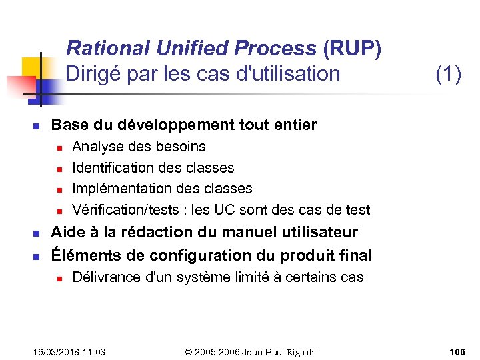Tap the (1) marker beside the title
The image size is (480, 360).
click(x=448, y=73)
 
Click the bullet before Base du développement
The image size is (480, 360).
click(x=37, y=126)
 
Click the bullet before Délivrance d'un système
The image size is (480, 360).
click(x=59, y=278)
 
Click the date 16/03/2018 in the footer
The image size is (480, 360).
click(x=56, y=352)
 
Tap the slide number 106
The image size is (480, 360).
click(x=457, y=352)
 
